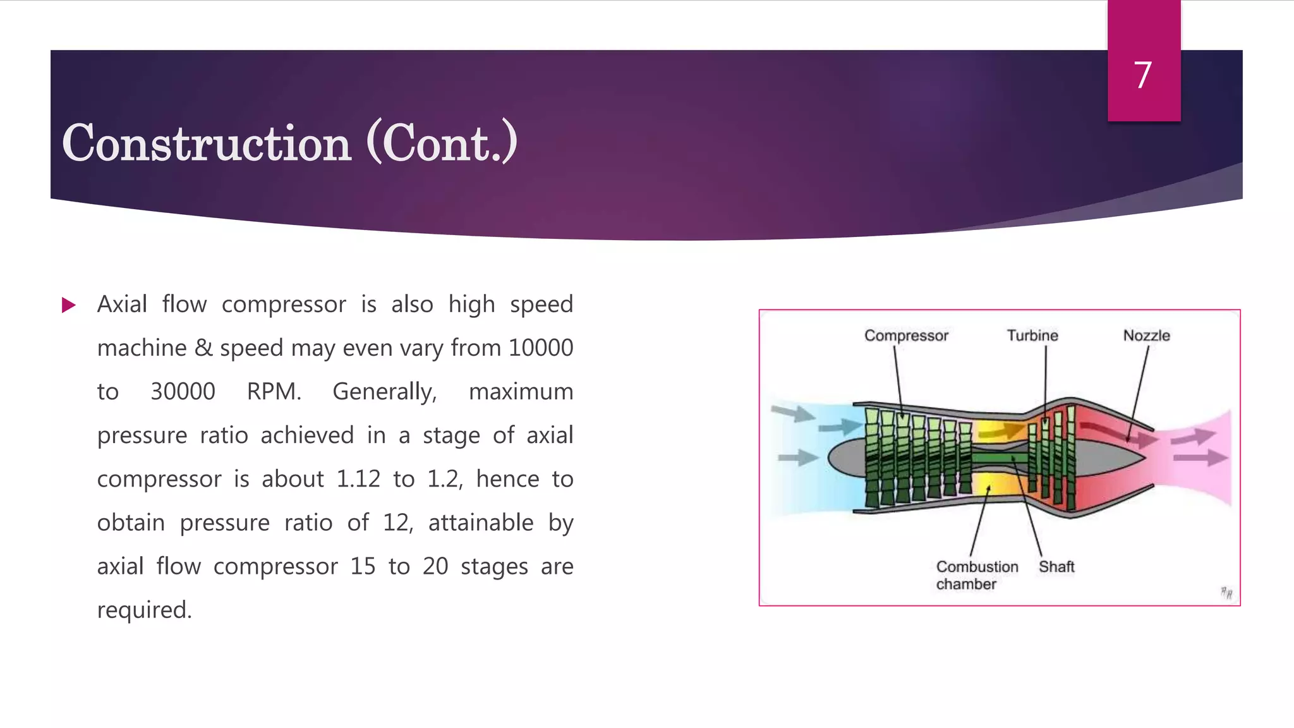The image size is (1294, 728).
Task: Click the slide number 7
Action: (x=1142, y=75)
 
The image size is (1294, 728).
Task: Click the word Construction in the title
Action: (x=207, y=143)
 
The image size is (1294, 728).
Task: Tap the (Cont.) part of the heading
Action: (x=442, y=143)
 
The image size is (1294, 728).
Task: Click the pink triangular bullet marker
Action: (x=68, y=306)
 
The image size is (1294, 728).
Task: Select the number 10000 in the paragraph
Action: (x=541, y=348)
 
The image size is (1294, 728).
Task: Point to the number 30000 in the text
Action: (x=183, y=392)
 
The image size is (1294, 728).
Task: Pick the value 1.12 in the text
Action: (x=358, y=479)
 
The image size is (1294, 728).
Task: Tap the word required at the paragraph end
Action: (x=144, y=610)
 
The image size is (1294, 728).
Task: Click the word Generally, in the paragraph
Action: (x=385, y=392)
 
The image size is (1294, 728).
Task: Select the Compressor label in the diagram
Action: (x=906, y=336)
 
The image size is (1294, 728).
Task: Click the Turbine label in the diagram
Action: (x=1032, y=336)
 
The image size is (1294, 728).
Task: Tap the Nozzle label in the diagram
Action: (x=1146, y=336)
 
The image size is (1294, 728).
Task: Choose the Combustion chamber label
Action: (x=976, y=575)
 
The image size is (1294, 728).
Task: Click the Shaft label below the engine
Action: (x=1056, y=567)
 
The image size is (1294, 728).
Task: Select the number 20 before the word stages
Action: (x=435, y=566)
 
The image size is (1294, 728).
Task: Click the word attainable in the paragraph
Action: (x=480, y=523)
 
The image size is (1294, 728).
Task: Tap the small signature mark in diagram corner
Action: (x=1226, y=593)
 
